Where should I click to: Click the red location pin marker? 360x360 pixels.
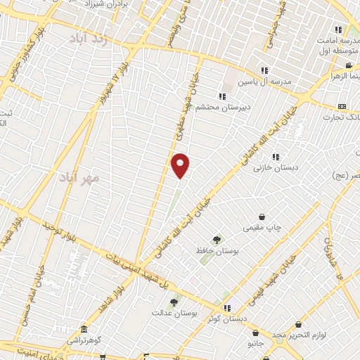(181, 165)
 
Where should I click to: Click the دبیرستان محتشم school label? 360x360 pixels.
(219, 107)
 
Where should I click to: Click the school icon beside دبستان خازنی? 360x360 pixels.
(276, 157)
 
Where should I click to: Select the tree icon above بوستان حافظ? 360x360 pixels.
(217, 240)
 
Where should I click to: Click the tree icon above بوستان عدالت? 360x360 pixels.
(174, 302)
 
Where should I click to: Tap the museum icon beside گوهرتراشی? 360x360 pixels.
(84, 330)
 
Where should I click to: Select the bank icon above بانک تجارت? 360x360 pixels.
(342, 106)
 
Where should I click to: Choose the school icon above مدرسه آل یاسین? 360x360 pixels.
(264, 70)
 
